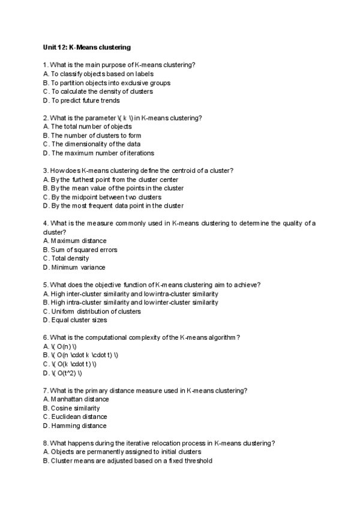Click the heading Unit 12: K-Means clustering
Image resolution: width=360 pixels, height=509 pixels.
coord(87,46)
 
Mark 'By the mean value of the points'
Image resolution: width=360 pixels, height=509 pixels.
coord(113,188)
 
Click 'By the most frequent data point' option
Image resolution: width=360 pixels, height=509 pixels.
coord(117,206)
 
